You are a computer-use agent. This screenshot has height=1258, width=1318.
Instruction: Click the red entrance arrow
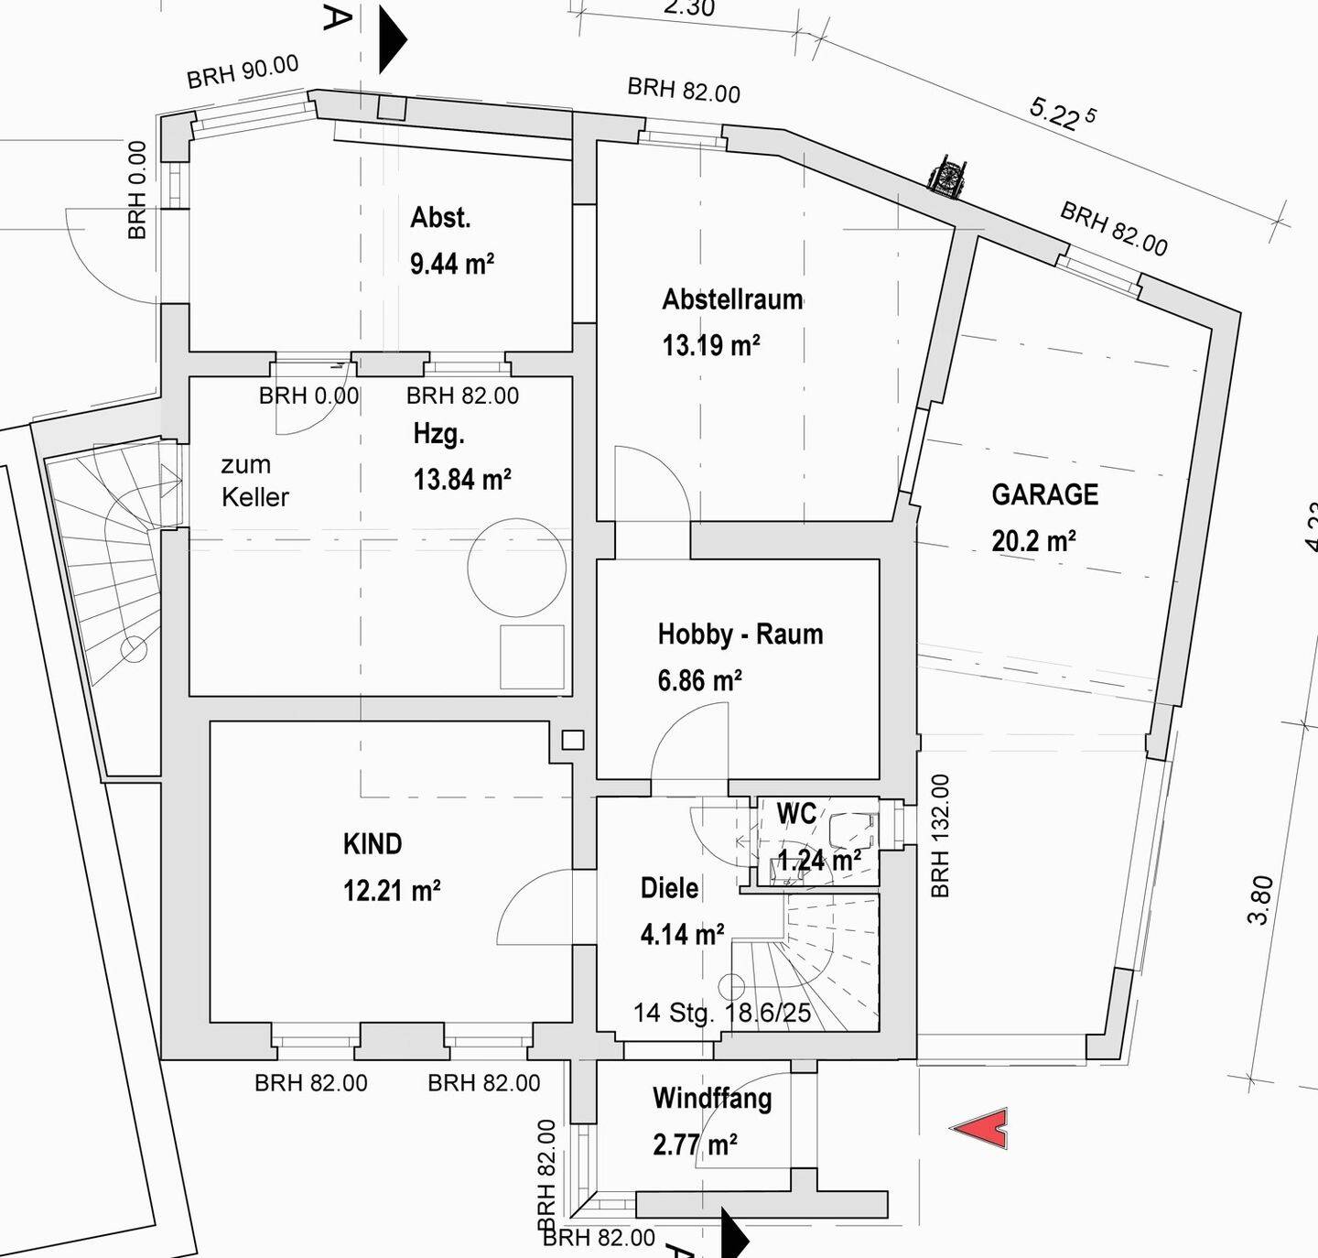coord(982,1128)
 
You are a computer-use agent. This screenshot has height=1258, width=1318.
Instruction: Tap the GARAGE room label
coord(1044,495)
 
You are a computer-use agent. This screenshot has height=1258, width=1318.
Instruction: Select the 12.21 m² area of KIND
coord(392,891)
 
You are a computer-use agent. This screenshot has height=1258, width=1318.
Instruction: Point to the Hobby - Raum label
coord(740,634)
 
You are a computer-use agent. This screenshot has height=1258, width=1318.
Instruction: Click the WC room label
coord(795,813)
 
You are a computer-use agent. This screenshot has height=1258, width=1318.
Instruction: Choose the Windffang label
coord(711,1098)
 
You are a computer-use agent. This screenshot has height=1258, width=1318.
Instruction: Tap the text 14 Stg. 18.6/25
coord(722,1013)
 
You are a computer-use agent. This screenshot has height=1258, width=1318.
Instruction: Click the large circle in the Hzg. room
coord(516,568)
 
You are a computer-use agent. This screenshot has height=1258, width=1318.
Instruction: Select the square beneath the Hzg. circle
coord(532,656)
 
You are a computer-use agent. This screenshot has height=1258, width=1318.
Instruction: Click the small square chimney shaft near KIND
coord(573,740)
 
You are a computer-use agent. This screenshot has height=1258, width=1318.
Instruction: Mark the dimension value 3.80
coord(1261,900)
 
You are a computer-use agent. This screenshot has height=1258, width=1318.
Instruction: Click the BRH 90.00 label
coord(243,72)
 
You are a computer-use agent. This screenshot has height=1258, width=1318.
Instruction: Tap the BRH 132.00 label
coord(940,836)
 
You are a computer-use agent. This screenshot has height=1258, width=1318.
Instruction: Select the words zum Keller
coord(254,482)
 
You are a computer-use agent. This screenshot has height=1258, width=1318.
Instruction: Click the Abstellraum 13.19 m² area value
coord(710,346)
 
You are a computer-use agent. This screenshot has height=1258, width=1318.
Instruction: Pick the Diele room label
coord(669,888)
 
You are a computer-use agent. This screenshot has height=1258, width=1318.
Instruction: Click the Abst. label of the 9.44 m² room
coord(440,218)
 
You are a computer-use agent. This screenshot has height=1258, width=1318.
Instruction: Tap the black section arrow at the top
coord(392,39)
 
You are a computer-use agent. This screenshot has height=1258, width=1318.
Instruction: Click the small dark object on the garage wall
coord(946,177)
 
